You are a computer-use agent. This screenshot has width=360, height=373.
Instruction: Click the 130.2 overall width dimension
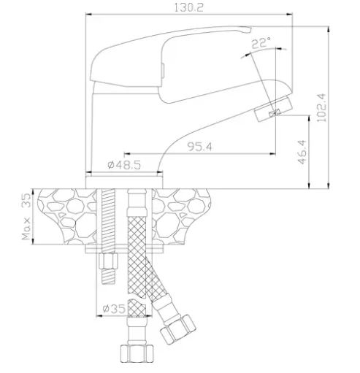coord(188,8)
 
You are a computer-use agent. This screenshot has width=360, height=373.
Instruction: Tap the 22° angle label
coord(261,43)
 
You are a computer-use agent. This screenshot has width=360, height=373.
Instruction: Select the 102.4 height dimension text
coord(321,107)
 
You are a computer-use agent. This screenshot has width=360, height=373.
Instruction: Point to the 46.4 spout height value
coord(302,152)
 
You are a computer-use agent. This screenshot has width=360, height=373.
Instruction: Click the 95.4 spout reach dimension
coord(199,147)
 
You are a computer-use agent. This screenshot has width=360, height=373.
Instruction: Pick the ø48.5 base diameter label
coord(124,165)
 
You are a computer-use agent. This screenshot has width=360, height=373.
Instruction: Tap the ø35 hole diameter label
coord(114,309)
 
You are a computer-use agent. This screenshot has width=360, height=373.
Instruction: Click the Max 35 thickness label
coord(26,216)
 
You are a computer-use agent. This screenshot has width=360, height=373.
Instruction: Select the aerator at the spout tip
coord(273,109)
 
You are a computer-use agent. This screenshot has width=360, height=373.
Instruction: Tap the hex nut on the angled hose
coord(178,328)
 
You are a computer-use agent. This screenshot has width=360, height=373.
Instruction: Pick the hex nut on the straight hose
coord(137,354)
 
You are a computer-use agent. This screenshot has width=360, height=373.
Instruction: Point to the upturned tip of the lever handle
coord(245,30)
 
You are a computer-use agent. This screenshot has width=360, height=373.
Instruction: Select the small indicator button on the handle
coord(163,71)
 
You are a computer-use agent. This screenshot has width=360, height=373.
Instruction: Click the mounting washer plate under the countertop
coord(124,249)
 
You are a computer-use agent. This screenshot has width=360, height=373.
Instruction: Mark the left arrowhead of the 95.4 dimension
coord(126,153)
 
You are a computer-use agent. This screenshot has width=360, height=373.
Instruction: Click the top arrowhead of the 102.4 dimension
coord(329,28)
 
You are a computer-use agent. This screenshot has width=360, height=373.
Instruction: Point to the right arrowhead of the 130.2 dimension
coord(290,15)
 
